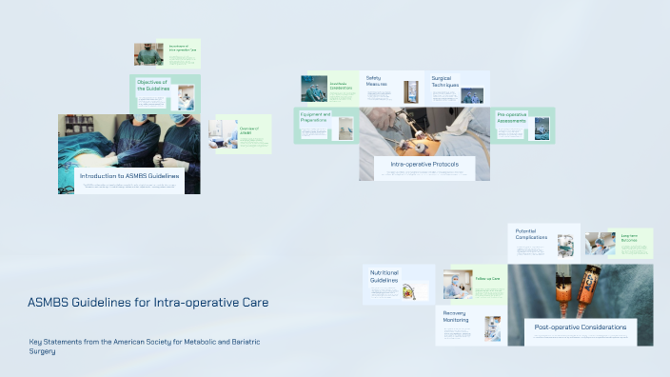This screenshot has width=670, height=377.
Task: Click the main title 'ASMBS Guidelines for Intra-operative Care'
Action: [148, 303]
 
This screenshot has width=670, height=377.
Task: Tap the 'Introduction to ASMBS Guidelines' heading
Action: [129, 176]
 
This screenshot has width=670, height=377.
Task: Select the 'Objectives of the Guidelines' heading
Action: [152, 86]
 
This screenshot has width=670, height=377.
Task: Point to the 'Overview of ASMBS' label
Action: [249, 129]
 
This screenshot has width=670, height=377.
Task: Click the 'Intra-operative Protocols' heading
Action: [424, 165]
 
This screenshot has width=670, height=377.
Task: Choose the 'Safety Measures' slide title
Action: [379, 81]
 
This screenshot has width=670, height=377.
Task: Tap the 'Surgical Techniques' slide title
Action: [444, 82]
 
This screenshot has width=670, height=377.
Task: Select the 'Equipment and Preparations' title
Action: [315, 118]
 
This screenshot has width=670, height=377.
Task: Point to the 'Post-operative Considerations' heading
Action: [580, 327]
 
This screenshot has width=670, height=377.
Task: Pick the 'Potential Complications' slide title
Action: [531, 234]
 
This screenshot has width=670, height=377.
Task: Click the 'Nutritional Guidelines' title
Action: [384, 277]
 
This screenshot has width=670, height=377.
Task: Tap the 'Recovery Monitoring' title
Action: [456, 316]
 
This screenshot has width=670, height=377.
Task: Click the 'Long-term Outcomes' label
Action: [629, 238]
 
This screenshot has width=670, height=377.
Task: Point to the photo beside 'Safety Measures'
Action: [411, 91]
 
